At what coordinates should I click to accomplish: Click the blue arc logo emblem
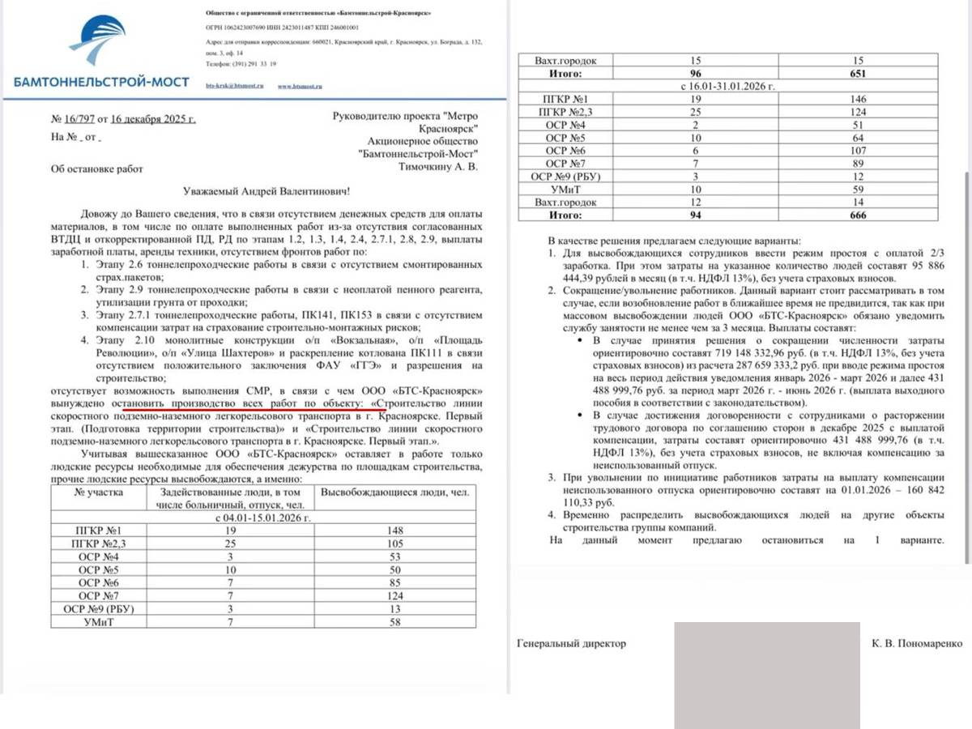[x=99, y=45]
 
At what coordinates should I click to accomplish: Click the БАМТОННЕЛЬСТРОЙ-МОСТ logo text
[x=101, y=82]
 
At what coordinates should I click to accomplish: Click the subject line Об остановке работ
[x=96, y=169]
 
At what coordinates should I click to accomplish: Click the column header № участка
[x=102, y=492]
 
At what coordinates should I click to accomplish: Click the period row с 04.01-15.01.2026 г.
[x=262, y=517]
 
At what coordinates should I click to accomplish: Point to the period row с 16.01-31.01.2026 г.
[x=729, y=85]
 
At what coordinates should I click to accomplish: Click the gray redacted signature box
[x=766, y=675]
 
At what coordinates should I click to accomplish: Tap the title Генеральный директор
[x=571, y=643]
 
